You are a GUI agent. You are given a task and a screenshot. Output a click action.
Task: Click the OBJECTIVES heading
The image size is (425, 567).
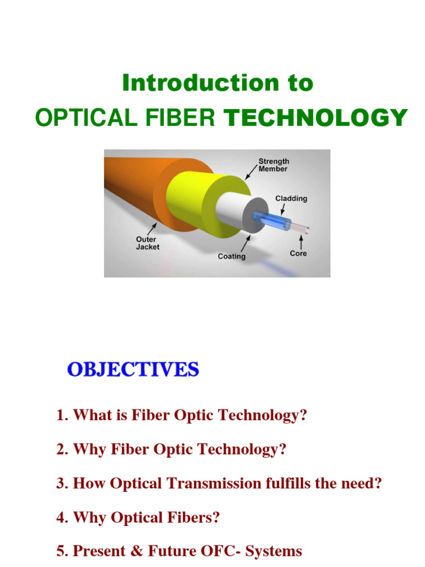point(133,369)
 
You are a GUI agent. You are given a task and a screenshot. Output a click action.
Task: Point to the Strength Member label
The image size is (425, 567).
point(273,165)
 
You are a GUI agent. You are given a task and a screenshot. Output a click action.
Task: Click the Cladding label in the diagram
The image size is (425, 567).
point(291,198)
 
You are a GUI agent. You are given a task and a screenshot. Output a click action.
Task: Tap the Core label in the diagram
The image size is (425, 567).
point(298,253)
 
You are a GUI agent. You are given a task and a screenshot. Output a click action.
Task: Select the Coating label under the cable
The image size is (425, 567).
point(232,257)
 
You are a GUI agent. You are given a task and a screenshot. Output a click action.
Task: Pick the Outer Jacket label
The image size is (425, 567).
point(148,243)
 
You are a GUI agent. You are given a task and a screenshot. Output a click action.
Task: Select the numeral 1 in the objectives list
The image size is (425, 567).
point(60,415)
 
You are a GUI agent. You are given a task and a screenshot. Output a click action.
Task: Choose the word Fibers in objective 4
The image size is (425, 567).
point(195,518)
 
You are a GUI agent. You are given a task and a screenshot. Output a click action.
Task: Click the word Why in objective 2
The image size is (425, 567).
point(87,450)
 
